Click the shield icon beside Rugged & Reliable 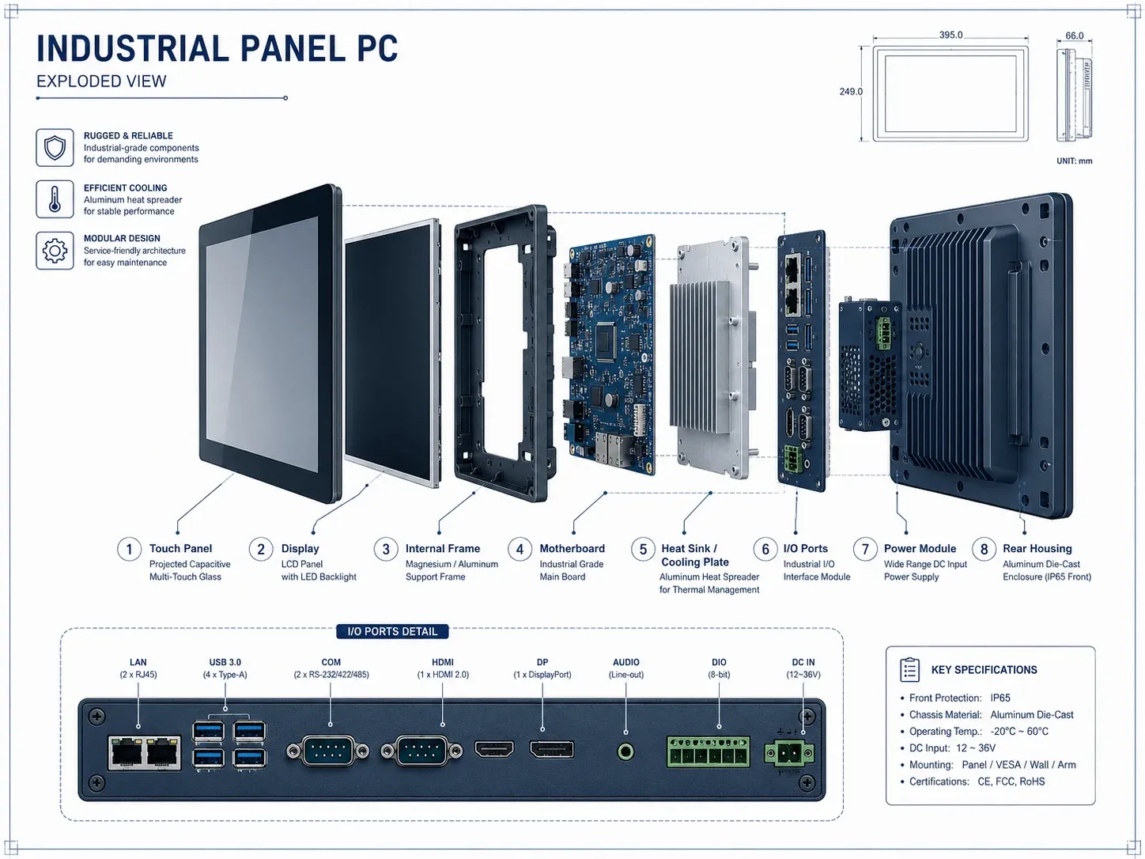55,148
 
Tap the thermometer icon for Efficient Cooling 55,199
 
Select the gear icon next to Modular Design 55,251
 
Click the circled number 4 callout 520,549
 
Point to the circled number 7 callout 865,549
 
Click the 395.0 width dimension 951,35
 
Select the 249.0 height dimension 851,92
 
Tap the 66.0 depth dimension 1074,36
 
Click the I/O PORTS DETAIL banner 392,632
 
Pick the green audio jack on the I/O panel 625,752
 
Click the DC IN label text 803,662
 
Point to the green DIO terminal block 708,752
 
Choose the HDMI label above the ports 442,662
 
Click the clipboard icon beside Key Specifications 909,670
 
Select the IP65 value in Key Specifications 1000,698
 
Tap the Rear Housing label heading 1037,549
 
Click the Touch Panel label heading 180,549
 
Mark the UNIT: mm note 1074,161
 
